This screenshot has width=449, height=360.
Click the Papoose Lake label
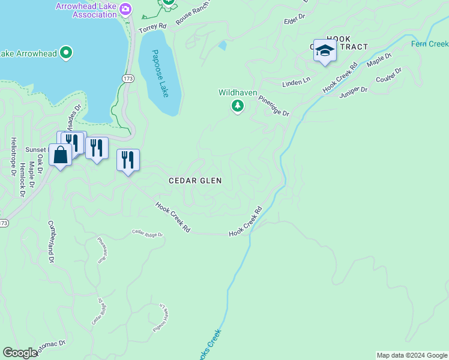[x=160, y=74]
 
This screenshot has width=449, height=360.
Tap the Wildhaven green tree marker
[x=238, y=106]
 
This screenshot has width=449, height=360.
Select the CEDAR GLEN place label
[x=195, y=181]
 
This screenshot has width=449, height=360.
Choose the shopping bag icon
[x=61, y=155]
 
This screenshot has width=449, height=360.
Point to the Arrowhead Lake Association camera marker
[x=125, y=8]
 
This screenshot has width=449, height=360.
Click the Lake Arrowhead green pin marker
[x=67, y=53]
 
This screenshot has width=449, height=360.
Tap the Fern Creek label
[x=430, y=44]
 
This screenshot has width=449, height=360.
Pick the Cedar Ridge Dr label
[x=147, y=233]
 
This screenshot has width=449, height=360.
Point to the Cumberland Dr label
[x=51, y=240]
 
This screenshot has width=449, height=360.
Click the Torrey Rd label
[x=152, y=28]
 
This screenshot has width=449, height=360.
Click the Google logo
[x=20, y=353]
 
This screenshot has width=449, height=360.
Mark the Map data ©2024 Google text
[x=412, y=355]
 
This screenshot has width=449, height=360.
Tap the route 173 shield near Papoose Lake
[x=127, y=79]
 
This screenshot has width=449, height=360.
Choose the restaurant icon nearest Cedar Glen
[x=128, y=160]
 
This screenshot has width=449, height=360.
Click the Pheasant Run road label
[x=102, y=250]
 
